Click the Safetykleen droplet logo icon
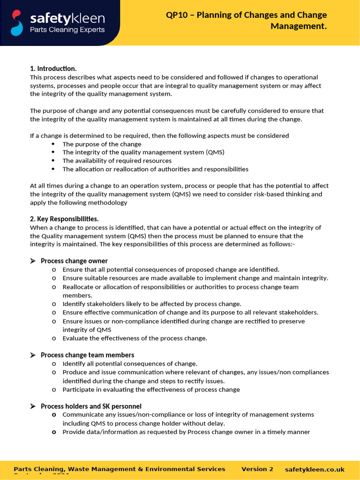tap(17, 22)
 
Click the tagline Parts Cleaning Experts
tap(67, 30)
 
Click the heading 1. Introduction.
tap(53, 68)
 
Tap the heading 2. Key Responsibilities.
tap(64, 219)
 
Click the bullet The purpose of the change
tap(102, 144)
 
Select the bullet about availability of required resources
tap(117, 161)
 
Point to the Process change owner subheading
tap(74, 261)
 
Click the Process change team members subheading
tap(87, 355)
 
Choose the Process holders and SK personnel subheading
tap(91, 406)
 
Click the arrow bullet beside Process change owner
tap(33, 261)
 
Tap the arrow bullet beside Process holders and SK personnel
tap(33, 406)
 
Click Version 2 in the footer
tap(257, 469)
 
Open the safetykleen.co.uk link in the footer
tap(315, 469)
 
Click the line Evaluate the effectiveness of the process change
tap(135, 338)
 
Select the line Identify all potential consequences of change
tap(130, 363)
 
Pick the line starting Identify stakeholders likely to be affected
tap(152, 304)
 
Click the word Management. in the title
tap(299, 26)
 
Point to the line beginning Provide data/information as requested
tap(186, 432)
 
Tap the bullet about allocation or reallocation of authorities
tap(155, 169)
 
